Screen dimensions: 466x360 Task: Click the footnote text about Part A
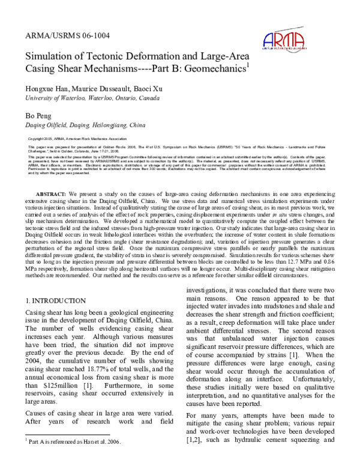[73, 441]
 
